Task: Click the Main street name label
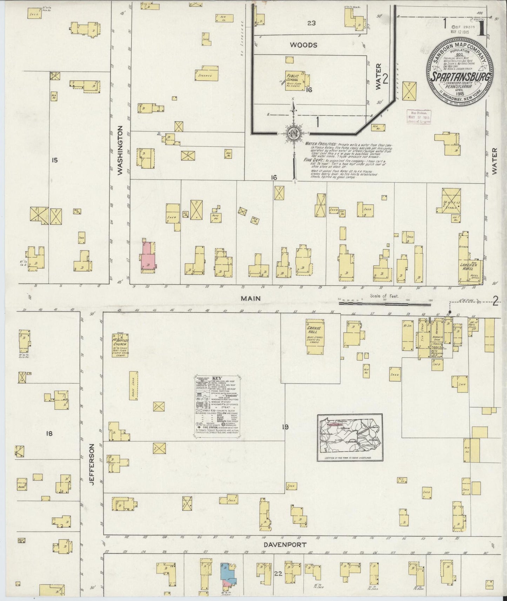pyautogui.click(x=251, y=298)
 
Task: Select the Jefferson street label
pyautogui.click(x=92, y=465)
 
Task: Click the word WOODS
pyautogui.click(x=303, y=45)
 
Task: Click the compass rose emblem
pyautogui.click(x=293, y=135)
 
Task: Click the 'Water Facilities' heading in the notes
pyautogui.click(x=320, y=144)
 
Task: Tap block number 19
pyautogui.click(x=285, y=427)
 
